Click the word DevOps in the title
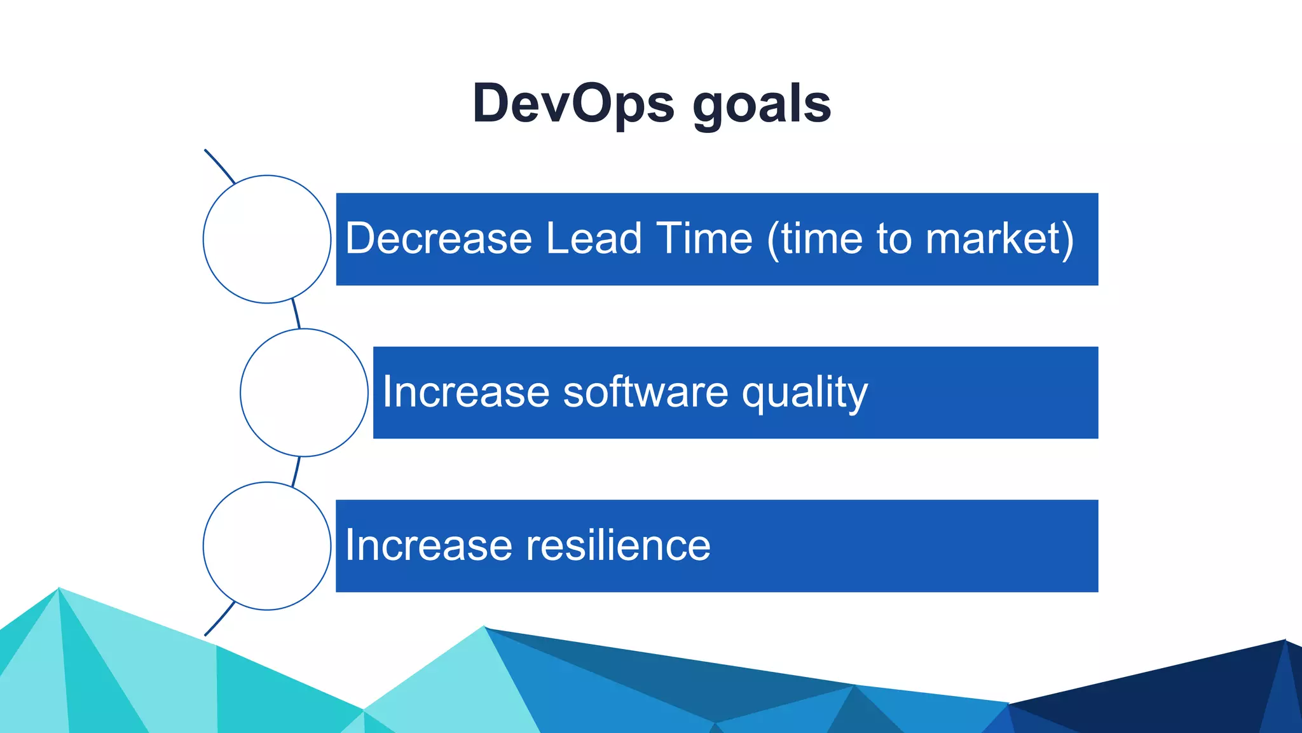[573, 104]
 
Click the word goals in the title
[761, 105]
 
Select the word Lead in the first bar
[594, 239]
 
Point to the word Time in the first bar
[704, 239]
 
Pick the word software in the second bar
[645, 392]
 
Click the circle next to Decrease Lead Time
[267, 239]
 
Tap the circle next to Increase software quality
[304, 393]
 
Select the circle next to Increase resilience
[267, 546]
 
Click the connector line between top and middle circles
[296, 314]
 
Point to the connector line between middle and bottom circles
[296, 471]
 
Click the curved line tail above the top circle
[219, 165]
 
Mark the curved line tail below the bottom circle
[219, 620]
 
